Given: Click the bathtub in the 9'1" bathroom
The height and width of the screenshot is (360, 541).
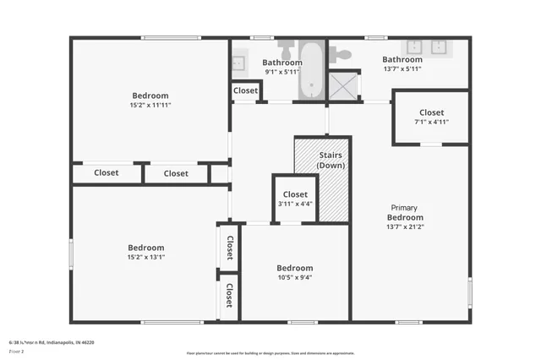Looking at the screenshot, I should tap(312, 71).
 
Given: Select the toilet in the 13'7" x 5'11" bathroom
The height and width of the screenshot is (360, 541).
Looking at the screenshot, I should tap(340, 54).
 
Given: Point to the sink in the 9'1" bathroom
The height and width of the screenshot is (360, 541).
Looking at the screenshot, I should tap(238, 62).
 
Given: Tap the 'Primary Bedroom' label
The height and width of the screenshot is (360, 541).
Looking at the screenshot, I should tap(404, 212).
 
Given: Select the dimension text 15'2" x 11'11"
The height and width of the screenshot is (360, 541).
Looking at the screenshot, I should tap(150, 106).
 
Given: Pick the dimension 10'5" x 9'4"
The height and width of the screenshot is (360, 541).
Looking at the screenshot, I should tap(294, 277).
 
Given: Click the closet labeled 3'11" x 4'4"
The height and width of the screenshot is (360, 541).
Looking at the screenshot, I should tap(294, 199).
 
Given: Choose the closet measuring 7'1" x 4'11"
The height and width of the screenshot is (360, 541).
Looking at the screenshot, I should tap(430, 117).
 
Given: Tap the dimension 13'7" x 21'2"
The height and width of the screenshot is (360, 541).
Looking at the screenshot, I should tap(404, 226).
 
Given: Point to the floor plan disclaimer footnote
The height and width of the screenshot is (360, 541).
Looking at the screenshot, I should tap(270, 352).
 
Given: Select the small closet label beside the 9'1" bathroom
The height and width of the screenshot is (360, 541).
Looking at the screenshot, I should tap(245, 90).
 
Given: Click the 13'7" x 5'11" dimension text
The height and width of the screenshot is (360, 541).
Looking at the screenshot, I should tap(402, 69).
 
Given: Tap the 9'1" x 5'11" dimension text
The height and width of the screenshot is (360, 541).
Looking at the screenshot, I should tap(281, 72).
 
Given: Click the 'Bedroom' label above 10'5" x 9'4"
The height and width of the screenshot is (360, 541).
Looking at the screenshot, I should tap(294, 268).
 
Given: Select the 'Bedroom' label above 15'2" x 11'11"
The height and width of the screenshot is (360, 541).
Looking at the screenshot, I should tap(150, 95).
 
